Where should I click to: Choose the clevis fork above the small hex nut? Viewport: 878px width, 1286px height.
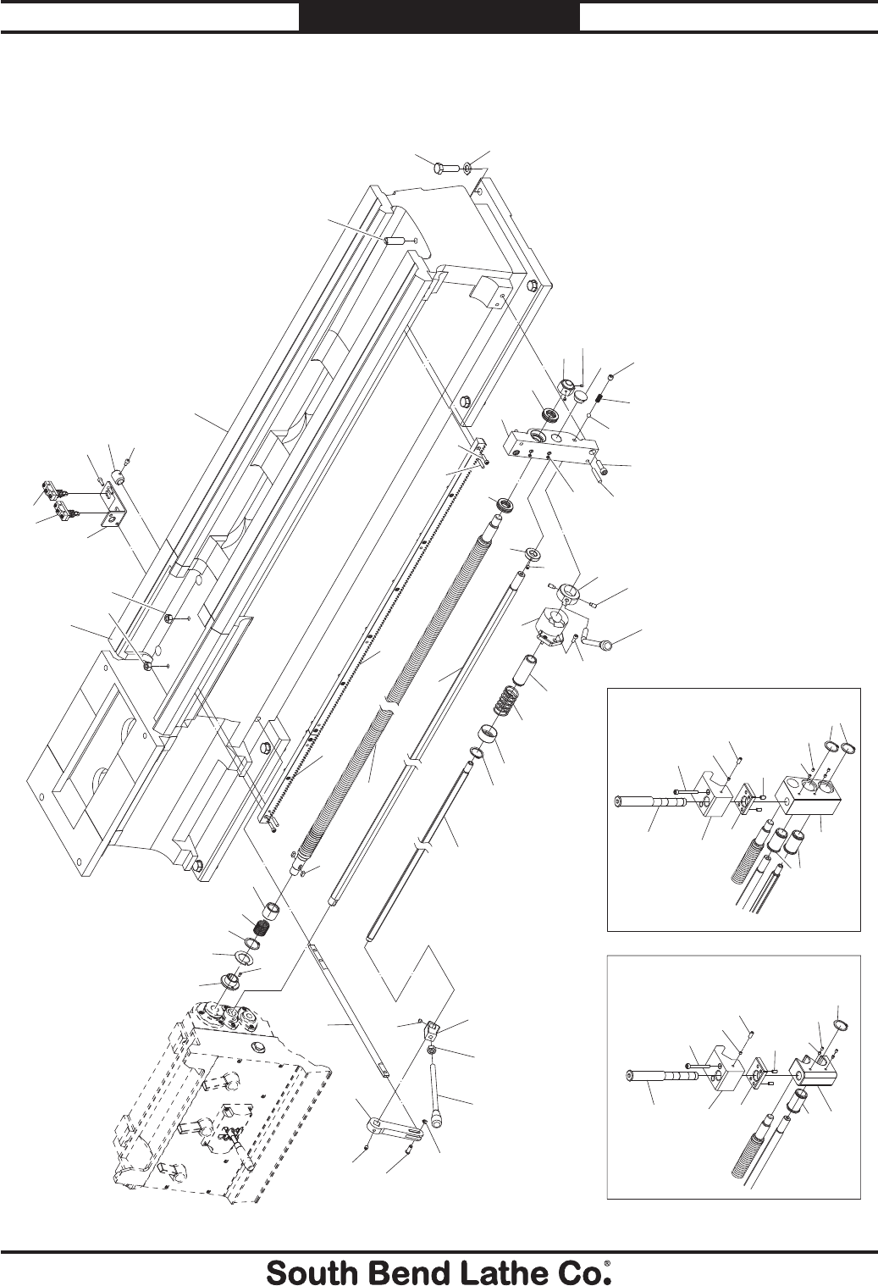click(x=433, y=1032)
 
